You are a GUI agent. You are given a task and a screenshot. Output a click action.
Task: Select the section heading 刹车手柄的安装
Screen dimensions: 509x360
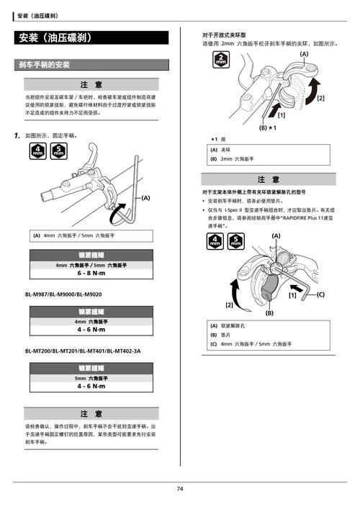coord(44,65)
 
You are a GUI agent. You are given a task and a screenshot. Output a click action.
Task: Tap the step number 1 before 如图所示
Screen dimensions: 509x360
coord(17,135)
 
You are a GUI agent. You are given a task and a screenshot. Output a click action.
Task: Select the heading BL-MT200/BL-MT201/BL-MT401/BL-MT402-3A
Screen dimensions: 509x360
coord(83,351)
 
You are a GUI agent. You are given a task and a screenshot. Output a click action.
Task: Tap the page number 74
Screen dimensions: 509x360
coord(180,489)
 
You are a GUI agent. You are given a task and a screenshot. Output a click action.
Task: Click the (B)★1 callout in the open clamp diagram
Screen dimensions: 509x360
coord(268,127)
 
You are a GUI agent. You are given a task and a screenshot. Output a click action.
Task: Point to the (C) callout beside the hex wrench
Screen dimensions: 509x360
coord(320,294)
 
